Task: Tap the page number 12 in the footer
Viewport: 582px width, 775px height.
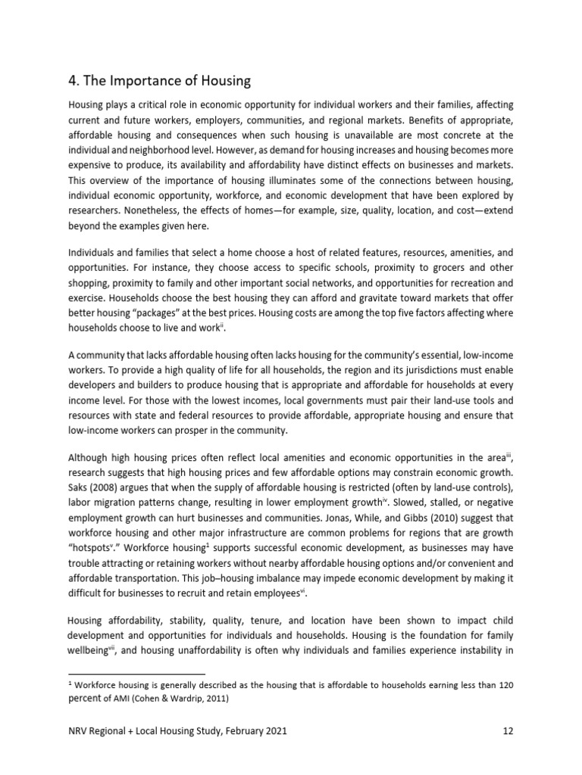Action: (x=508, y=732)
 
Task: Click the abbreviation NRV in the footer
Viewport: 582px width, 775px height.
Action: (x=80, y=732)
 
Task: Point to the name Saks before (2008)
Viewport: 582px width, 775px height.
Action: (x=81, y=473)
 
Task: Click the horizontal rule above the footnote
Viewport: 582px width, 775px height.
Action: (x=136, y=673)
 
